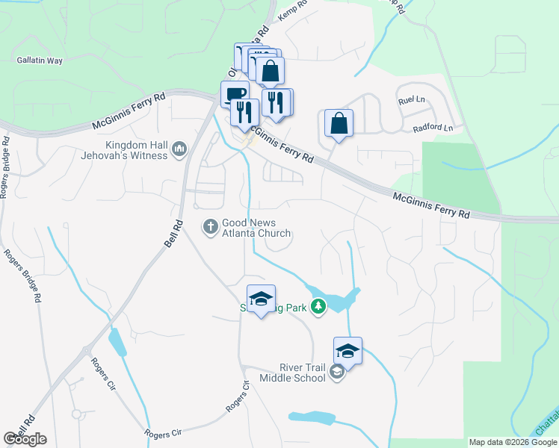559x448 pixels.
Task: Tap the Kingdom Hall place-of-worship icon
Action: (x=179, y=150)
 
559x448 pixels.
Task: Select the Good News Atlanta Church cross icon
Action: (x=210, y=225)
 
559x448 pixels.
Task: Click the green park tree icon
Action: (x=318, y=305)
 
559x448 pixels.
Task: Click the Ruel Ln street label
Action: (x=410, y=100)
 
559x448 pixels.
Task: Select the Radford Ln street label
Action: (x=433, y=128)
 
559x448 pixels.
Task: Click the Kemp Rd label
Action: (x=292, y=9)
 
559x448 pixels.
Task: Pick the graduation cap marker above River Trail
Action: (x=348, y=350)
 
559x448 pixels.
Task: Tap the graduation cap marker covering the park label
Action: (x=261, y=299)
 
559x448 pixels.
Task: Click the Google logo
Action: (x=25, y=439)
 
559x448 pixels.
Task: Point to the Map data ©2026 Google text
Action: (x=513, y=443)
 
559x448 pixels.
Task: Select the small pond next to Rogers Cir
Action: (x=117, y=342)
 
